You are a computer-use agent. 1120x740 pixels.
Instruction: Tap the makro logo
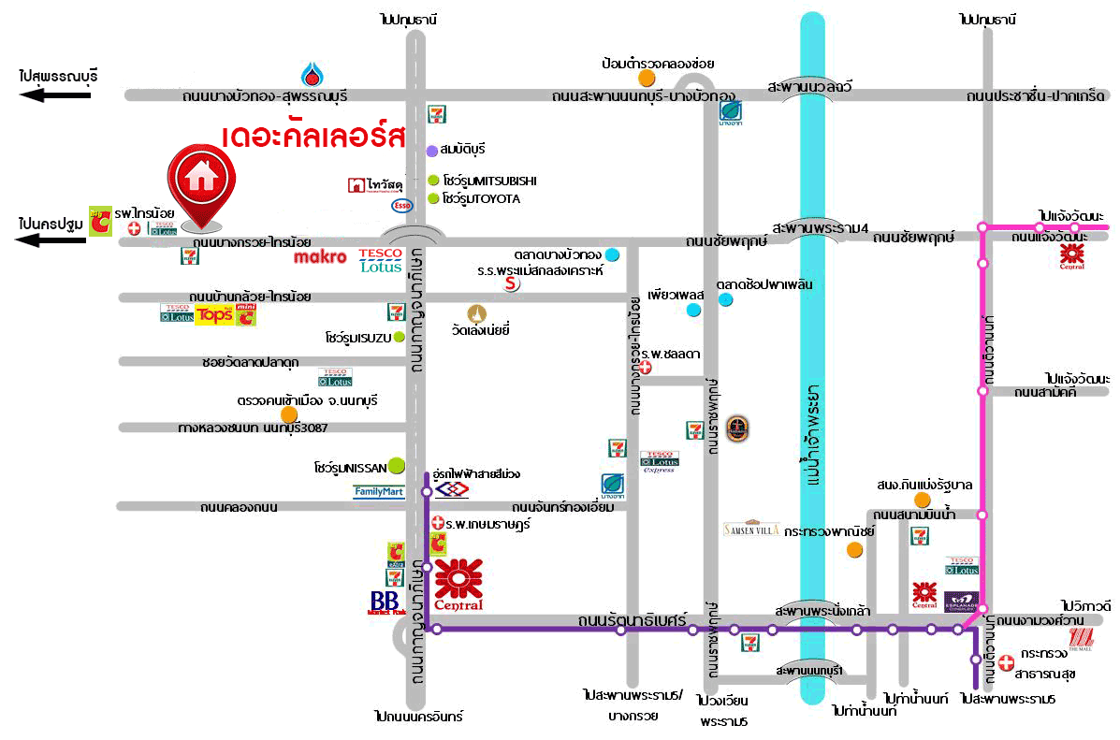click(x=320, y=256)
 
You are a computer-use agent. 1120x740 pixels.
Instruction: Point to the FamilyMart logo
click(x=378, y=491)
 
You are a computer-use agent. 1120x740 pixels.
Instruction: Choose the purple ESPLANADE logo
click(x=961, y=601)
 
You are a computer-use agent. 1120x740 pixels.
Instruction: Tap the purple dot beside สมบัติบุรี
click(x=431, y=151)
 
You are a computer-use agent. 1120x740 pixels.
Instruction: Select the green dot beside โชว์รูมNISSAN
click(x=396, y=463)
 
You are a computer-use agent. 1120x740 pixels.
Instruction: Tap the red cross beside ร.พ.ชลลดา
click(x=644, y=368)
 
